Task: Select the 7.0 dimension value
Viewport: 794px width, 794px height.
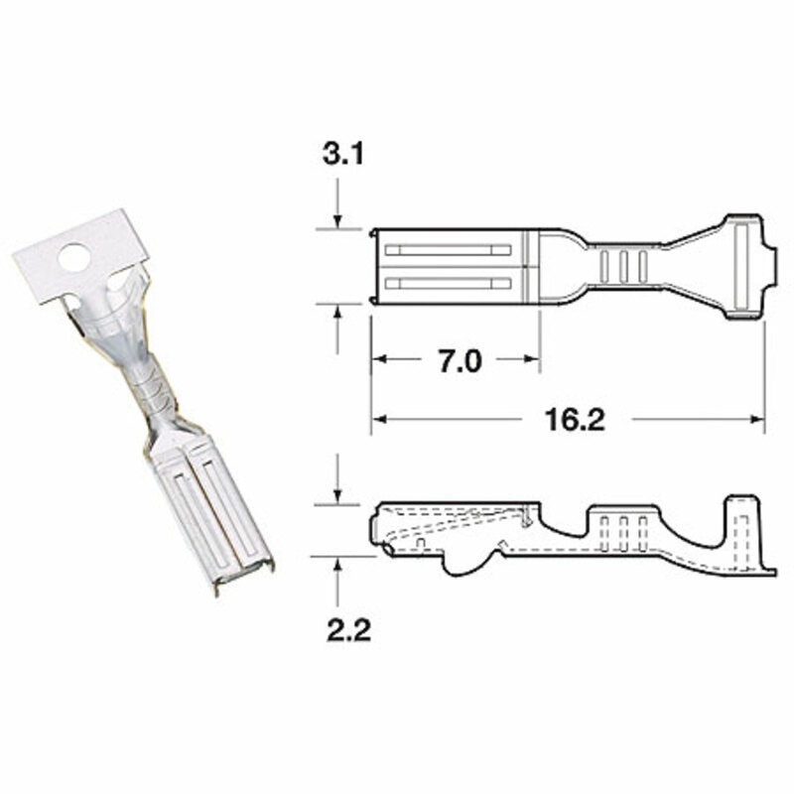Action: [x=459, y=361]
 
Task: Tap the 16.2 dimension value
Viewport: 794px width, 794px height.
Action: [x=575, y=420]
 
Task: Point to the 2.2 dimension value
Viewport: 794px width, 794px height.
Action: [x=349, y=628]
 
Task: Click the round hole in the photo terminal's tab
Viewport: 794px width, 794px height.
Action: [x=72, y=259]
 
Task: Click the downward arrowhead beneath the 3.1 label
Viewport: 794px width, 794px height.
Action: [x=338, y=221]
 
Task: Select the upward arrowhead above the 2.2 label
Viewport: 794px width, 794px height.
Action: [x=338, y=565]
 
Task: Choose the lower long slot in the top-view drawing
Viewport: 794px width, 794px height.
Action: [x=447, y=284]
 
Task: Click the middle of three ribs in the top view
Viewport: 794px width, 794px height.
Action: [x=623, y=265]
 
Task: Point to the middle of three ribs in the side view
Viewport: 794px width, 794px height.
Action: [x=623, y=533]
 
